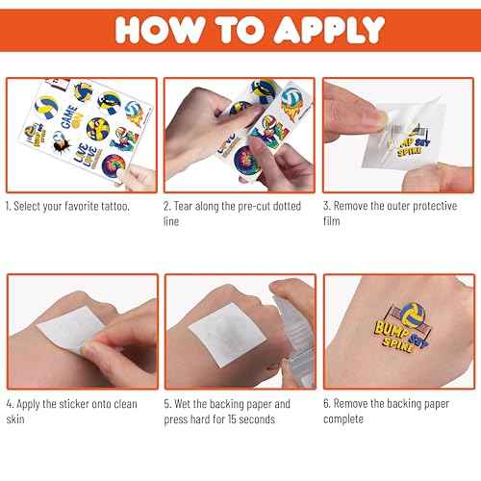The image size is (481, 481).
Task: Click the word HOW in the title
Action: (158, 30)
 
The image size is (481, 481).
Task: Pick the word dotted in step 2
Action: (283, 206)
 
